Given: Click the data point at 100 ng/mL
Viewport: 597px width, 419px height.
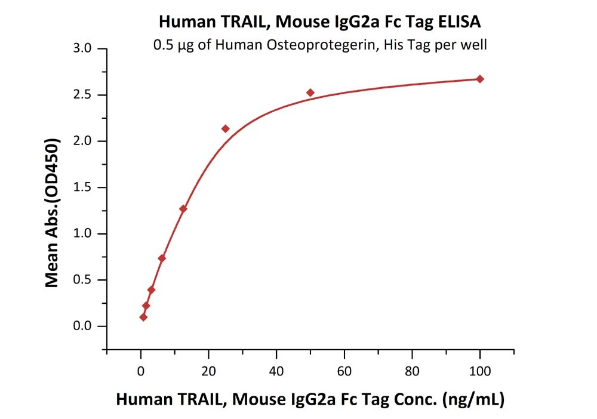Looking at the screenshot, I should click(480, 79).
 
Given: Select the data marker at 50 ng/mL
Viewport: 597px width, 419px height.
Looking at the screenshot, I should click(310, 93).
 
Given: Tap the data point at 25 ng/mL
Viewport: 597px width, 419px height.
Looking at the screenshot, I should click(226, 129).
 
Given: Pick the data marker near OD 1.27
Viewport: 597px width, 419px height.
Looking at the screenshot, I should click(183, 209).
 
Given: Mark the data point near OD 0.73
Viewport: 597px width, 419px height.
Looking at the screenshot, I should click(162, 258).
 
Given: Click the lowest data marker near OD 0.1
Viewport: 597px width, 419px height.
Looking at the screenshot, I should click(143, 317).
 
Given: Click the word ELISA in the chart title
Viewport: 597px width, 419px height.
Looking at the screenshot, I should click(459, 22).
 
